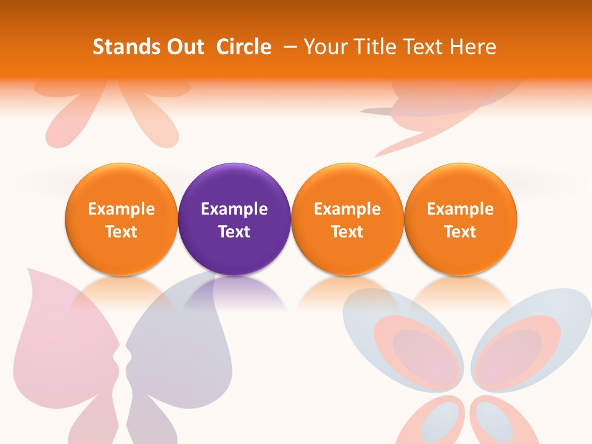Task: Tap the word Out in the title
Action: [184, 47]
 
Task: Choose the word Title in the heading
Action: [376, 47]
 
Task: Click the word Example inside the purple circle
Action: [234, 209]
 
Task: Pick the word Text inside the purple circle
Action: [234, 232]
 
